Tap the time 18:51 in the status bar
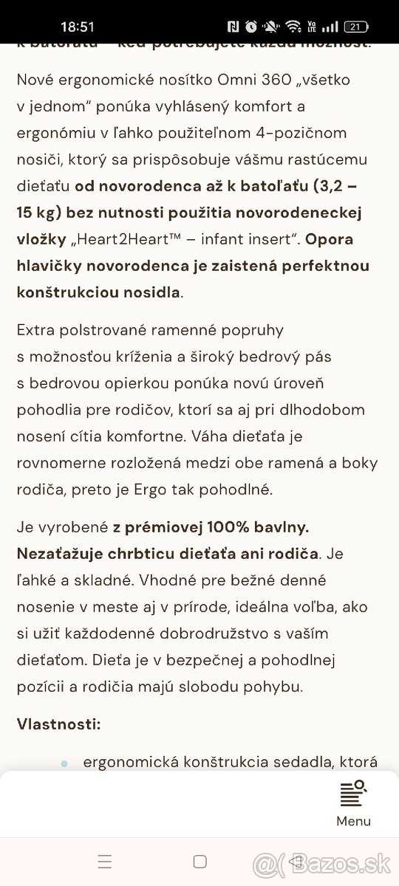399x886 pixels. [78, 27]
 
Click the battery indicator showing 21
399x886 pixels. [355, 27]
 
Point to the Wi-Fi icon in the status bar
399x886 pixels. [293, 27]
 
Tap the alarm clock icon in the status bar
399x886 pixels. [251, 27]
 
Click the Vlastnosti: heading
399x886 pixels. [58, 724]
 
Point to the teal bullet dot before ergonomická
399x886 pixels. [64, 763]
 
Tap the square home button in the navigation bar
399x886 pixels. [199, 861]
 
